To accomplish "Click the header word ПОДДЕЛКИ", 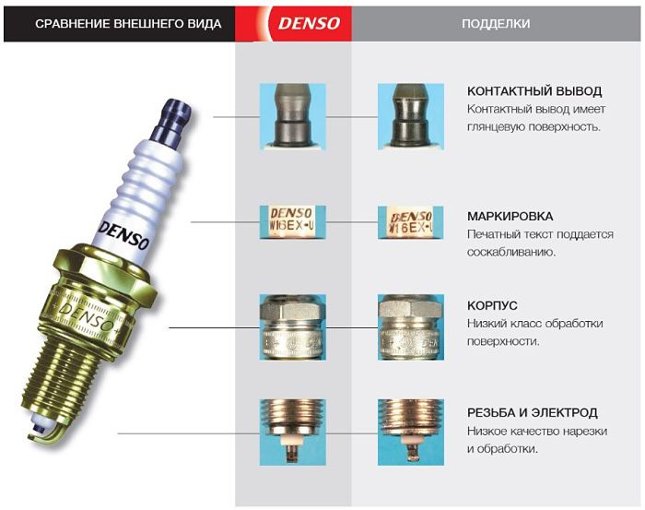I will pyautogui.click(x=496, y=23).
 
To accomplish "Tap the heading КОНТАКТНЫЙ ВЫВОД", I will pyautogui.click(x=534, y=91).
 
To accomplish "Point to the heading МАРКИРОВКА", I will pyautogui.click(x=510, y=217).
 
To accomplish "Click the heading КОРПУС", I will pyautogui.click(x=493, y=305).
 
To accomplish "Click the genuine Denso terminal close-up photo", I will pyautogui.click(x=293, y=117).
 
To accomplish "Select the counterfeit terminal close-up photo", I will pyautogui.click(x=411, y=117).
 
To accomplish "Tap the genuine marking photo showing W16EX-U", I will pyautogui.click(x=293, y=222).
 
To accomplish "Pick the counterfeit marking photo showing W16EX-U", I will pyautogui.click(x=411, y=222).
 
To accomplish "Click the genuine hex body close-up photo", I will pyautogui.click(x=293, y=328).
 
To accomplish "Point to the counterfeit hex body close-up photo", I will pyautogui.click(x=411, y=328).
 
